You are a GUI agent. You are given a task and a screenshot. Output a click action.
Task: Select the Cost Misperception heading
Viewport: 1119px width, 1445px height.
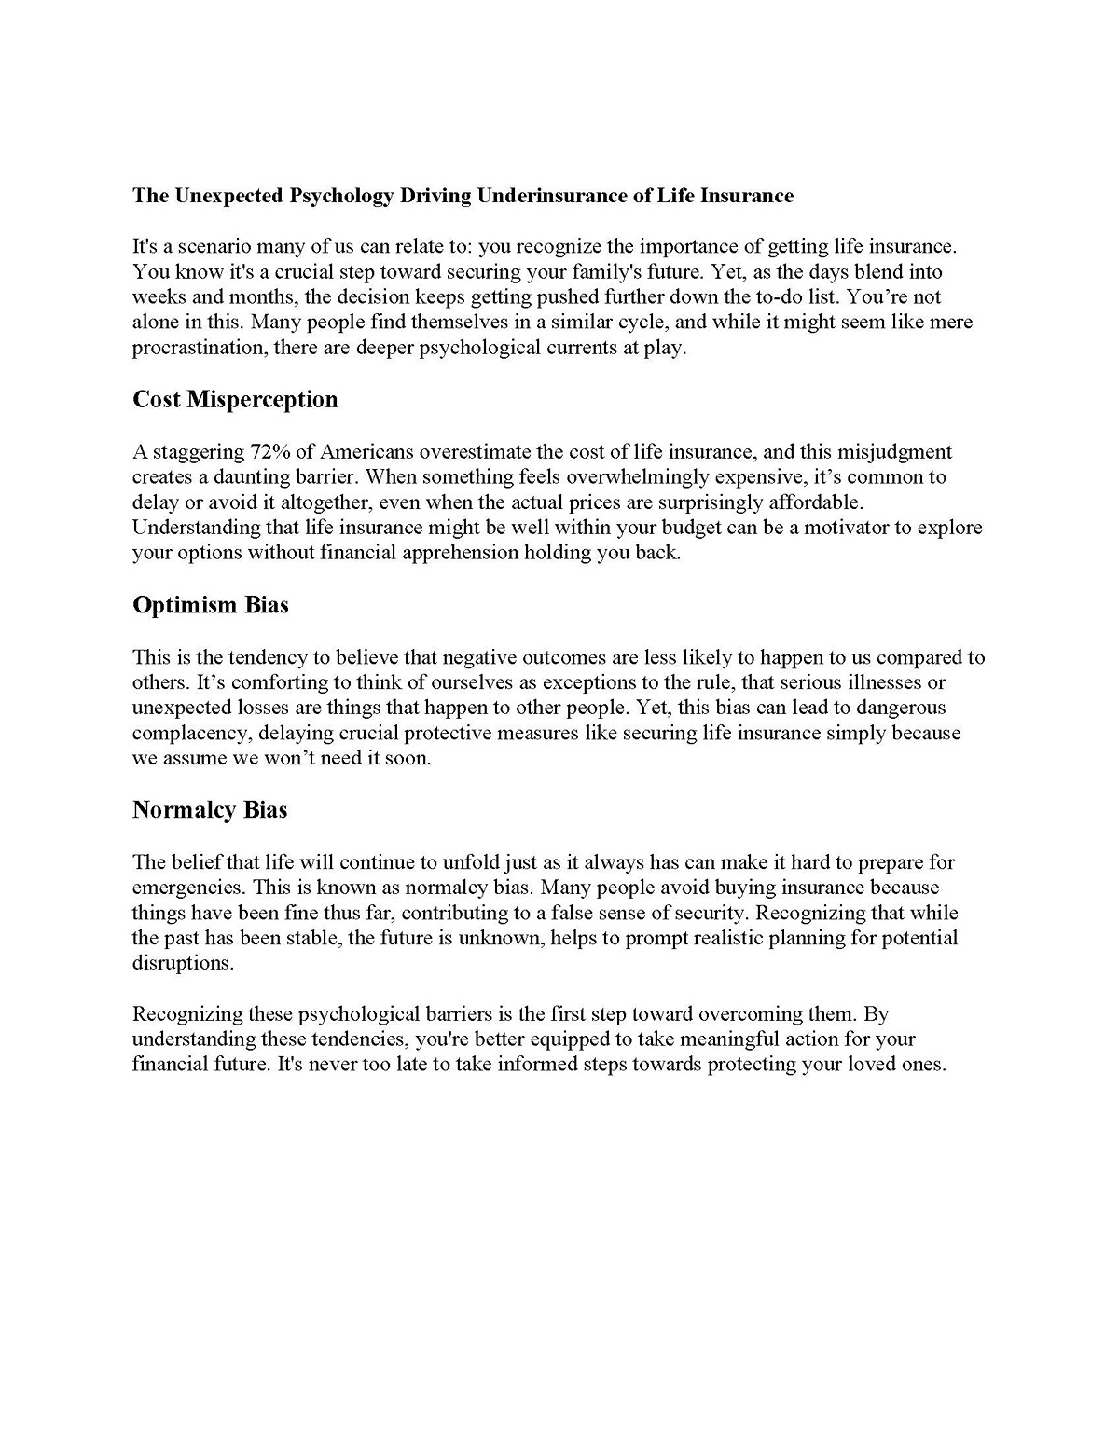pos(235,400)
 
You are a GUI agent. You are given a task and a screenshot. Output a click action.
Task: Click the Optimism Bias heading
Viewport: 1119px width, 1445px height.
pos(211,605)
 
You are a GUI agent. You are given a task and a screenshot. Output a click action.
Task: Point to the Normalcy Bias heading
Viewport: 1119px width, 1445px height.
pos(210,810)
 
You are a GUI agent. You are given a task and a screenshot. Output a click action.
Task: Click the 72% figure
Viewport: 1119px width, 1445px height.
pos(270,452)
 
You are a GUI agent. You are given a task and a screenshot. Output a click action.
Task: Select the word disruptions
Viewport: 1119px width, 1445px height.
pos(182,963)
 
